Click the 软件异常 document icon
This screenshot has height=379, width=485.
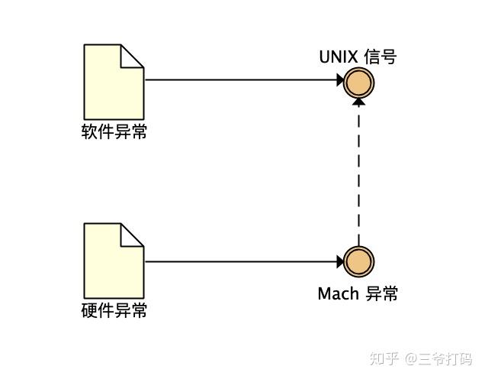point(114,82)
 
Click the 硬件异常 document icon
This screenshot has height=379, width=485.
point(114,261)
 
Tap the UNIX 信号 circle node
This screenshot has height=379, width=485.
point(359,83)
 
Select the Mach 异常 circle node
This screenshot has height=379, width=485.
point(359,261)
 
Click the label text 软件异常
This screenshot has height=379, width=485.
point(114,131)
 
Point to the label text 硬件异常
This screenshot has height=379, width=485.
point(114,310)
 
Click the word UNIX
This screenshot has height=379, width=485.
point(338,57)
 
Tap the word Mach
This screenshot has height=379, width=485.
point(338,293)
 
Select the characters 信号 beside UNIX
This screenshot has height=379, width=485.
point(380,57)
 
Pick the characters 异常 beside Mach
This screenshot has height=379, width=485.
point(381,293)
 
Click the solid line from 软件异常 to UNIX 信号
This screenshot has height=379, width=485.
point(241,80)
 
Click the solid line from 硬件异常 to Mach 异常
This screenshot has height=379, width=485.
point(241,261)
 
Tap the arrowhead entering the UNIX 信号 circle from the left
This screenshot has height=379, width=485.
point(340,80)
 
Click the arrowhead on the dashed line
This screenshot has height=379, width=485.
point(359,102)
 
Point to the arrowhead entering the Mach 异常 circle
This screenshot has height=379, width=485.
point(340,261)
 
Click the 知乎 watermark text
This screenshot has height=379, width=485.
point(384,359)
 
